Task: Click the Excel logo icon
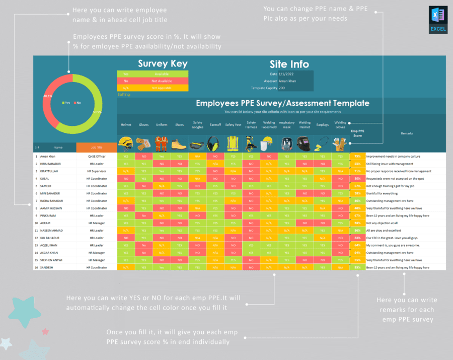(x=437, y=21)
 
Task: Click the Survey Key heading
(x=163, y=63)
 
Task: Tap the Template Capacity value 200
(x=282, y=88)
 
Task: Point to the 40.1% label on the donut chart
(x=48, y=96)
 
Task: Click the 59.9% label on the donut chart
(x=97, y=112)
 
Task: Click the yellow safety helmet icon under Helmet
(x=125, y=145)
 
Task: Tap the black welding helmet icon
(x=305, y=145)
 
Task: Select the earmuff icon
(x=215, y=145)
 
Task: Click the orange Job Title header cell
(x=96, y=148)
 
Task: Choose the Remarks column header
(x=407, y=133)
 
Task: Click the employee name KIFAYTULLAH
(x=51, y=171)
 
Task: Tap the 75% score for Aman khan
(x=357, y=157)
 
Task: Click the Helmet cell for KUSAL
(x=125, y=179)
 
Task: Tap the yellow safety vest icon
(x=233, y=145)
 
